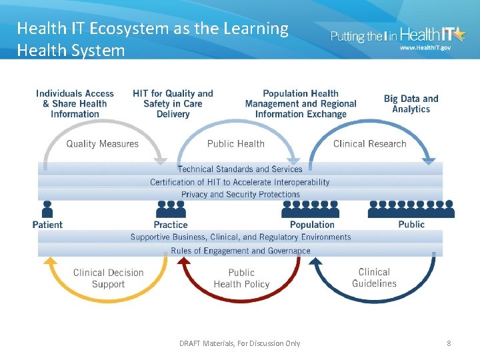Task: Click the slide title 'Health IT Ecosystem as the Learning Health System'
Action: (152, 39)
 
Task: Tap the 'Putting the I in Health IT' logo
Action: (399, 37)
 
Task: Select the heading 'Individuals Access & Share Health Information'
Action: (75, 104)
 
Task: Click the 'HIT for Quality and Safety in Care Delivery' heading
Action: (173, 104)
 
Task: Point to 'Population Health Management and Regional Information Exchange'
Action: (301, 104)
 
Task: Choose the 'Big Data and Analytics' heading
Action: (411, 104)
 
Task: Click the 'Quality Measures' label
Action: (102, 144)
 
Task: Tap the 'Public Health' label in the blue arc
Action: (235, 144)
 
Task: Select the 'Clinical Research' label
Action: (369, 144)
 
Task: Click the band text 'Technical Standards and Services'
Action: (240, 169)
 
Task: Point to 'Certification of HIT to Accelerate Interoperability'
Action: (240, 182)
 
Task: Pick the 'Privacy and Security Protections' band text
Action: (240, 195)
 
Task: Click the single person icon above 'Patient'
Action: (47, 209)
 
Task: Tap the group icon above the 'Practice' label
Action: (171, 209)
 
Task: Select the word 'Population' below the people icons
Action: (312, 225)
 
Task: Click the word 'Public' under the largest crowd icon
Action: (411, 224)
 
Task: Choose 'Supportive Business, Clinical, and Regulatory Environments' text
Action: (240, 237)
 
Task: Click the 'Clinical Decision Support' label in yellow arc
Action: (108, 278)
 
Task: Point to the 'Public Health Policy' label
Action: (241, 278)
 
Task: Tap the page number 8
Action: (449, 343)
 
